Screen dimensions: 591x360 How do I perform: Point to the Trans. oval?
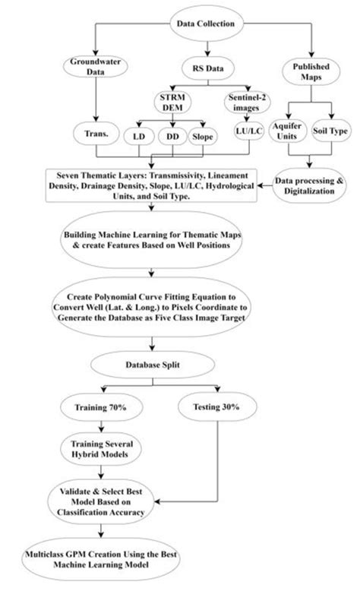click(96, 135)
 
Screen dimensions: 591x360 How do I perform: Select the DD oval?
click(173, 136)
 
